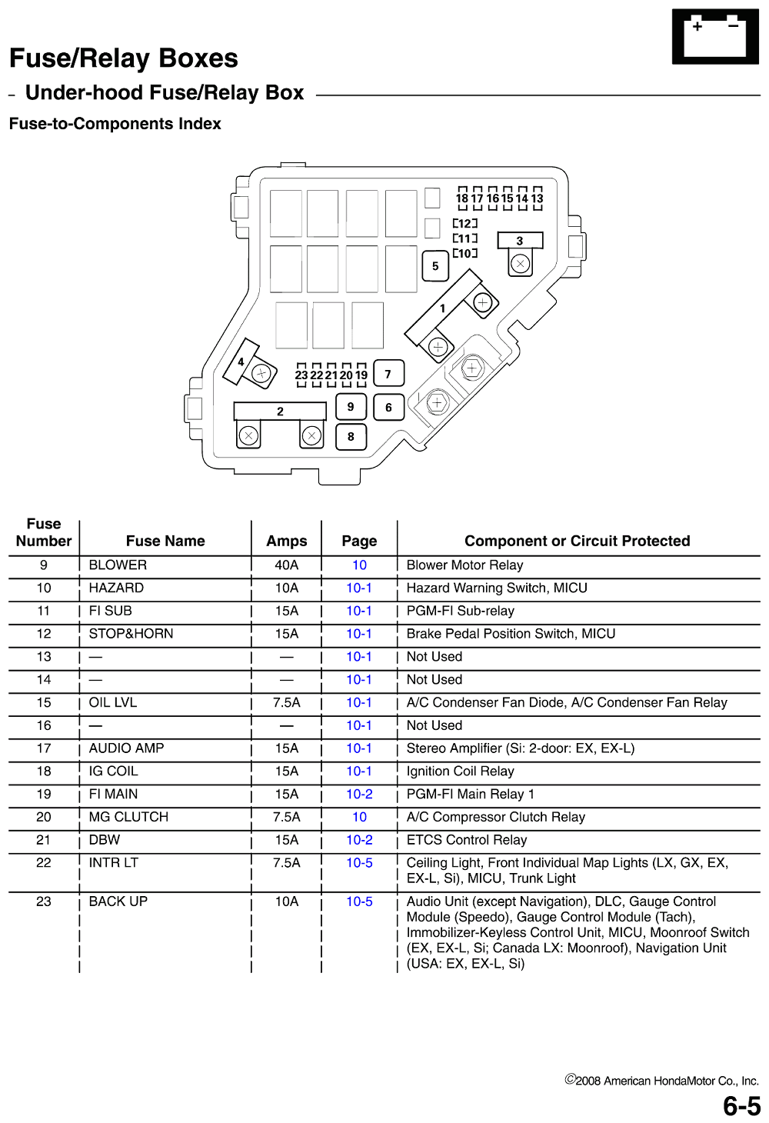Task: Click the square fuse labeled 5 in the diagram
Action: coord(435,266)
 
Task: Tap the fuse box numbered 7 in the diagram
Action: coord(388,375)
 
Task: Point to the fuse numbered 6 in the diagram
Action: coord(388,407)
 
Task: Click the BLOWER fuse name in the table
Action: coord(118,565)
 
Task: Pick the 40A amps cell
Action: coord(286,565)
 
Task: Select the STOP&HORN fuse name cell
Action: coord(131,634)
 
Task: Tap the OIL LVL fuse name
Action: coord(112,702)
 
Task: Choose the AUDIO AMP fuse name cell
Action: coord(126,748)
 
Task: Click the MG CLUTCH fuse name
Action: coord(128,817)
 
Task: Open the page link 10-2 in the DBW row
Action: coord(359,840)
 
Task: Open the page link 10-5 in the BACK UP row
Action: coord(359,901)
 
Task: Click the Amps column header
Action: coord(286,542)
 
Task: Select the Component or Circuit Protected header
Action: coord(577,542)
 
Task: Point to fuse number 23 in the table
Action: coord(44,901)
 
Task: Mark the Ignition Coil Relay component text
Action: coord(460,771)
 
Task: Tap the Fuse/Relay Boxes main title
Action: coord(123,58)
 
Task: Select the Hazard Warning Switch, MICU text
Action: coord(497,588)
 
